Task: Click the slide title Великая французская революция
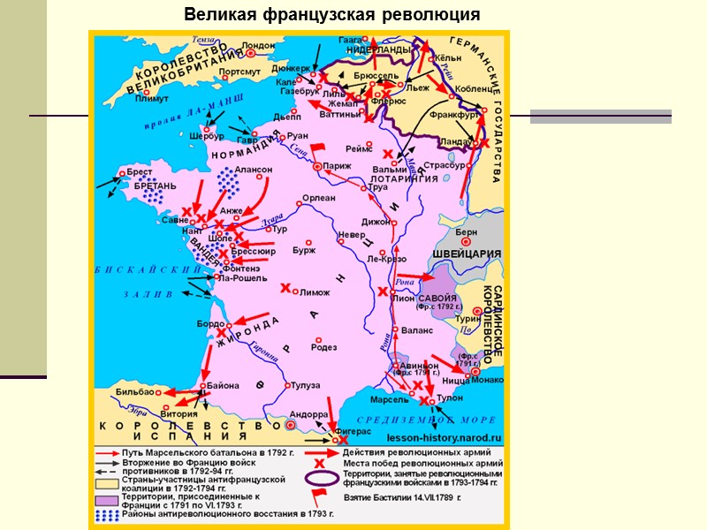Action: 331,15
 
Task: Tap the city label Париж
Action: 337,165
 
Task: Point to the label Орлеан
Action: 318,198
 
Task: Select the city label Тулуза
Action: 306,385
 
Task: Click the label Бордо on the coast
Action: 212,324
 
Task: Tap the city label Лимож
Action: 315,292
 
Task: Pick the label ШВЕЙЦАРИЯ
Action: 467,254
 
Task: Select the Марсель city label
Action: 390,400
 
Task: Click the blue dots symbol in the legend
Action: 103,513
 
